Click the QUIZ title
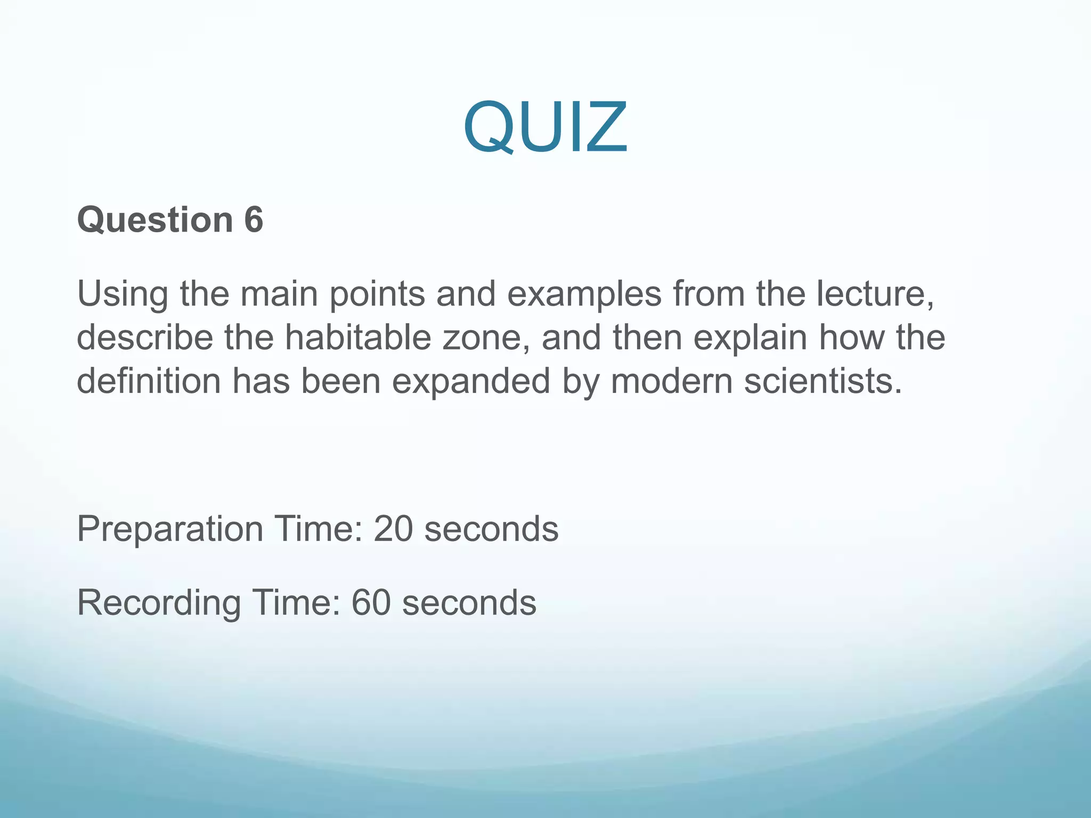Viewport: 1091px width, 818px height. point(545,128)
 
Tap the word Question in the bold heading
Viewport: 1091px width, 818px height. point(155,219)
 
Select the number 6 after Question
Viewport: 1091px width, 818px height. point(254,219)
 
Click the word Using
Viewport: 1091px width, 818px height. point(123,294)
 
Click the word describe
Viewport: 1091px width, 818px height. point(145,338)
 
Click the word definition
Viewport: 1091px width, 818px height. point(149,381)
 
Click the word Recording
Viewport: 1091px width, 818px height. point(159,603)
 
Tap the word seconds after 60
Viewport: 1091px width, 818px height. point(469,603)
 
